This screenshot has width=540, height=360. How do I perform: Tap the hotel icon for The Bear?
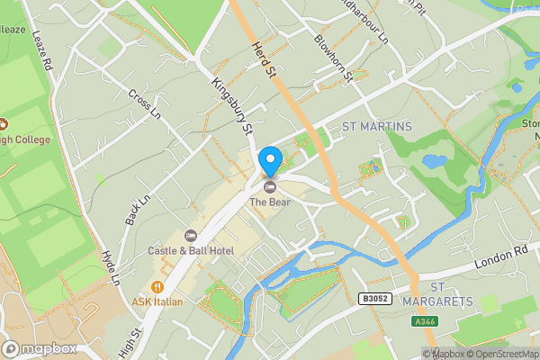click(x=270, y=186)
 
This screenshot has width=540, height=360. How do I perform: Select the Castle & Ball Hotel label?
click(x=192, y=249)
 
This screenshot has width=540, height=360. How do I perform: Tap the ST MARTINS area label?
click(x=376, y=127)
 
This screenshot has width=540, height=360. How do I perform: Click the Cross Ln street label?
click(x=144, y=103)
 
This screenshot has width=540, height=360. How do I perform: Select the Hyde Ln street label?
click(x=111, y=268)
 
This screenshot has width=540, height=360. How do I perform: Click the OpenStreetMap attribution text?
click(x=500, y=354)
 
